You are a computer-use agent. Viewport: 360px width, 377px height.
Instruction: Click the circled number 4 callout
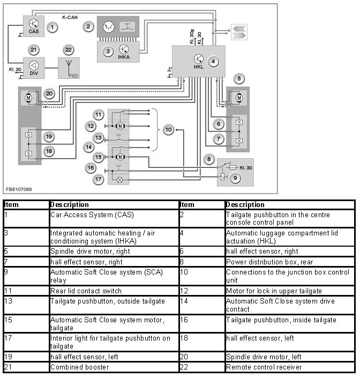[x=213, y=61]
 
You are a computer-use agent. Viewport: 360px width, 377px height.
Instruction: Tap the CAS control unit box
[x=33, y=26]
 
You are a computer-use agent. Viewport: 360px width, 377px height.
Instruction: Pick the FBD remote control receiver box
[x=69, y=68]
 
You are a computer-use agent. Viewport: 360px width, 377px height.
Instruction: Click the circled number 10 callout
[x=168, y=130]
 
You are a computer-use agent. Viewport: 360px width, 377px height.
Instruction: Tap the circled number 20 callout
[x=49, y=94]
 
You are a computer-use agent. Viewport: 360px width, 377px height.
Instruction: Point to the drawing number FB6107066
[x=19, y=189]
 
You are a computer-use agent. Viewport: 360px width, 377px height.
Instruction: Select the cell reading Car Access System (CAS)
[x=92, y=215]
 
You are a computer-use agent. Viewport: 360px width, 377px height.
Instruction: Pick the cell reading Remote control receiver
[x=264, y=367]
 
